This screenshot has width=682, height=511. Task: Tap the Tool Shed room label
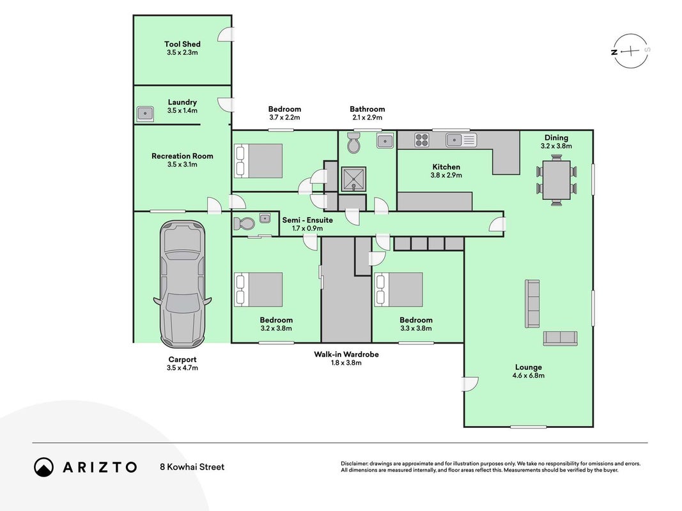pos(182,44)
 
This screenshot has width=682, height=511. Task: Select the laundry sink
pos(145,114)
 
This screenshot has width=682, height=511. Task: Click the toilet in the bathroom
pos(353,142)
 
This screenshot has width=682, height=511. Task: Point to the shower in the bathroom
pos(353,179)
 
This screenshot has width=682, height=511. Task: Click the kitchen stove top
pos(421,140)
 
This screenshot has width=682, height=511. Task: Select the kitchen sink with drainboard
pos(461,140)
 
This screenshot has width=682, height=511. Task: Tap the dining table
pos(556,180)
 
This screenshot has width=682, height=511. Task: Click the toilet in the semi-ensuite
pos(244,224)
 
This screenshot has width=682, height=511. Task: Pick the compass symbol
pos(631,51)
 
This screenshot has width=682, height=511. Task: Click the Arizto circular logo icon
pos(44,467)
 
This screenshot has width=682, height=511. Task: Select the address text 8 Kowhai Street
pos(192,467)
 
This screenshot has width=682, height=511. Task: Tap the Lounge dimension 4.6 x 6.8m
pos(529,376)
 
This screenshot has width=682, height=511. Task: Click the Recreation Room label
pos(182,156)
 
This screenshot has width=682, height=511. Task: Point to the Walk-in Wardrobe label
pos(346,354)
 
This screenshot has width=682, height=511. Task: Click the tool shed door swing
pos(226,34)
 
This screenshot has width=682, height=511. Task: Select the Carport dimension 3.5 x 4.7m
pos(182,368)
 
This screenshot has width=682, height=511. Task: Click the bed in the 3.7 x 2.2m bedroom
pos(258,161)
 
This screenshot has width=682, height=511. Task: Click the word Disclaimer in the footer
pos(355,464)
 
